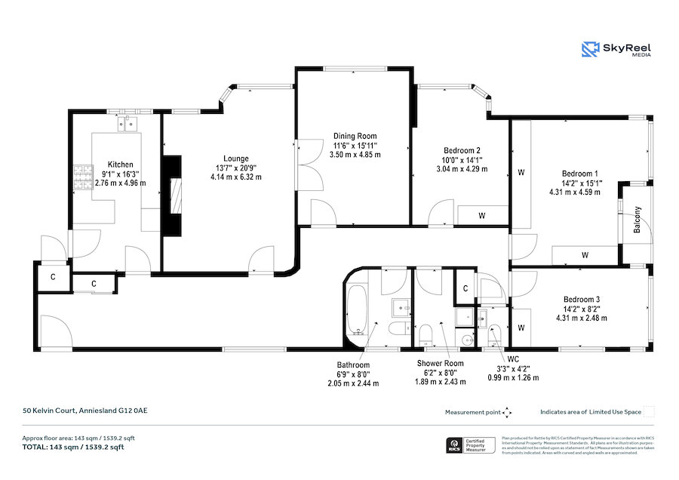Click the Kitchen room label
[x=120, y=165]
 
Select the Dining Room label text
[x=355, y=136]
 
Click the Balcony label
[x=638, y=220]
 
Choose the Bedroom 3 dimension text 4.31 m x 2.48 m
[x=582, y=318]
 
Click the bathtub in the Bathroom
[x=356, y=310]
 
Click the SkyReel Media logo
[x=616, y=50]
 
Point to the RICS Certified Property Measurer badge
[x=472, y=445]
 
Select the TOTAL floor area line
[x=72, y=447]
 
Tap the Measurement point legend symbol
[x=507, y=412]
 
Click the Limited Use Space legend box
[x=649, y=412]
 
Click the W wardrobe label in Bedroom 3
[x=521, y=327]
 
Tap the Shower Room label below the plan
[x=441, y=364]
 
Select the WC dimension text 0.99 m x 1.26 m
[x=513, y=377]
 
